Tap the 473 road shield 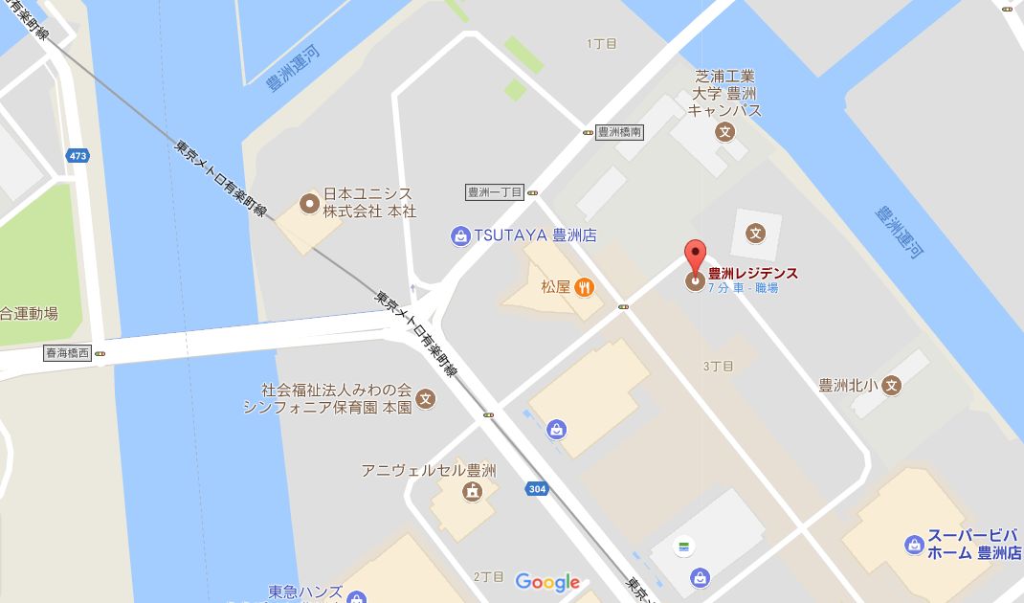[78, 155]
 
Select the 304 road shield [537, 489]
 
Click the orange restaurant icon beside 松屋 [583, 286]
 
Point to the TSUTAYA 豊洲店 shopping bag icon [461, 235]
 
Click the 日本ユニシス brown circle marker [308, 203]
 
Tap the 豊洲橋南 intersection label [619, 132]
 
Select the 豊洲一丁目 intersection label [495, 192]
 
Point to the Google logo [547, 582]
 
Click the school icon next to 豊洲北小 [892, 386]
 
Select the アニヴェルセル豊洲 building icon [472, 492]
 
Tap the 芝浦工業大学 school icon [725, 132]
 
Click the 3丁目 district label [718, 367]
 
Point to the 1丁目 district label [601, 44]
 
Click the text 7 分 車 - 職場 [743, 288]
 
